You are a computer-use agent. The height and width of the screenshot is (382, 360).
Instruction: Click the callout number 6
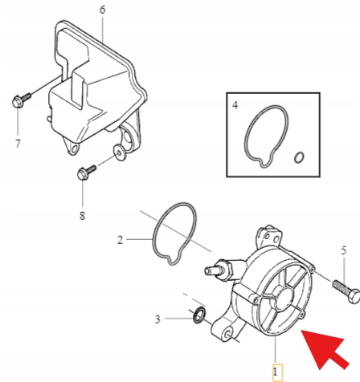pos(102,10)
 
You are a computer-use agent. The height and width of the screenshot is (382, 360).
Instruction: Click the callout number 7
pos(18,144)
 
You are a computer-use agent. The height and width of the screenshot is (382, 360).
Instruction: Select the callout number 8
pos(82,215)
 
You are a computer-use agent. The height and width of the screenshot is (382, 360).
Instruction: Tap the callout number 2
pos(120,240)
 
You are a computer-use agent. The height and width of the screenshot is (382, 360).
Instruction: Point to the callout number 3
pos(157,319)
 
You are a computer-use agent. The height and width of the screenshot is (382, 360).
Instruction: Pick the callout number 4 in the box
pos(235,105)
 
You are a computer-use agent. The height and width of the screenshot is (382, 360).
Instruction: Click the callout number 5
pos(344,250)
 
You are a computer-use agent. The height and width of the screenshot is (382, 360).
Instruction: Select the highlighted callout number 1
pos(276,372)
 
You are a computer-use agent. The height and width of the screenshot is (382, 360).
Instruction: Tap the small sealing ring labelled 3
pos(199,315)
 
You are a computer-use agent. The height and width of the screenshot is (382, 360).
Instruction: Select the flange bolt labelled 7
pos(21,100)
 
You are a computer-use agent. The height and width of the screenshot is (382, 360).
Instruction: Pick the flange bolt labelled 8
pos(86,172)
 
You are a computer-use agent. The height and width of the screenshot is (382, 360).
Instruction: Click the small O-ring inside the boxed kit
pos(299,157)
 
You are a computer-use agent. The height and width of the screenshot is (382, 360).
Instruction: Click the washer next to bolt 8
pos(120,152)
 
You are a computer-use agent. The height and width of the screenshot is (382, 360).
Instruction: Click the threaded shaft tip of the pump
pos(212,270)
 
